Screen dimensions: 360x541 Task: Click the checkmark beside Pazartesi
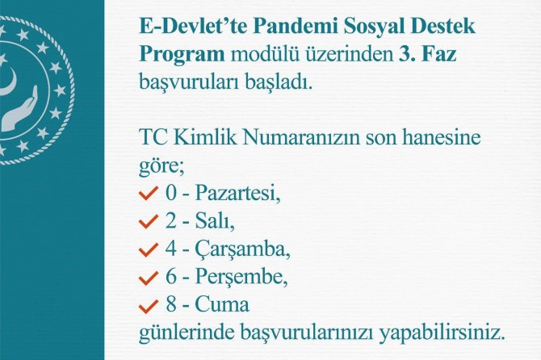(148, 195)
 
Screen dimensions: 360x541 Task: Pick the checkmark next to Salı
(148, 223)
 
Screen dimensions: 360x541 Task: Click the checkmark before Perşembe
(148, 278)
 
